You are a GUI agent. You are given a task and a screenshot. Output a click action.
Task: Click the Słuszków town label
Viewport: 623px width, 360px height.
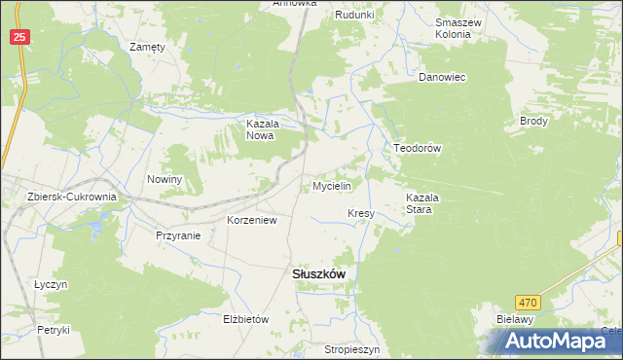pyautogui.click(x=318, y=274)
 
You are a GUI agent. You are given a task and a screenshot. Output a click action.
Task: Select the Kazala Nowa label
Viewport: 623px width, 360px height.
pyautogui.click(x=262, y=130)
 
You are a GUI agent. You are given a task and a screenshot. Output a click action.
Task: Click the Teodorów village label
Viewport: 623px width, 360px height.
pyautogui.click(x=418, y=148)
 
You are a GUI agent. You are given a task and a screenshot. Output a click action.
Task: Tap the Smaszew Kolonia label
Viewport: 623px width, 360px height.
pyautogui.click(x=454, y=27)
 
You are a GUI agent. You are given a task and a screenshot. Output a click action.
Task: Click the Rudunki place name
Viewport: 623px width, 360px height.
pyautogui.click(x=354, y=15)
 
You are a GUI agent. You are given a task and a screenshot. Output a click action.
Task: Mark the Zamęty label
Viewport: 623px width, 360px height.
pyautogui.click(x=148, y=46)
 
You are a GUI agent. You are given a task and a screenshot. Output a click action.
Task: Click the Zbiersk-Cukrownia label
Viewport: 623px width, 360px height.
pyautogui.click(x=72, y=197)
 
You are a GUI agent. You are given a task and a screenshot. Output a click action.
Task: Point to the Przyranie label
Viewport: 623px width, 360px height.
pyautogui.click(x=178, y=235)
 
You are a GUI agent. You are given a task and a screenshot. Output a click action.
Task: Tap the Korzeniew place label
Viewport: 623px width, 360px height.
pyautogui.click(x=252, y=221)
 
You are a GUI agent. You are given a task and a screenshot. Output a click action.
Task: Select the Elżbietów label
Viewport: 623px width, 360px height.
pyautogui.click(x=245, y=318)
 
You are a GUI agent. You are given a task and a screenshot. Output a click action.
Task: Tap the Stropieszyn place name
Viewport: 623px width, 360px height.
pyautogui.click(x=351, y=347)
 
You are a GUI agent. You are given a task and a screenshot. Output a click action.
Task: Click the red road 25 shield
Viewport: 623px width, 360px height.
pyautogui.click(x=20, y=36)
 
